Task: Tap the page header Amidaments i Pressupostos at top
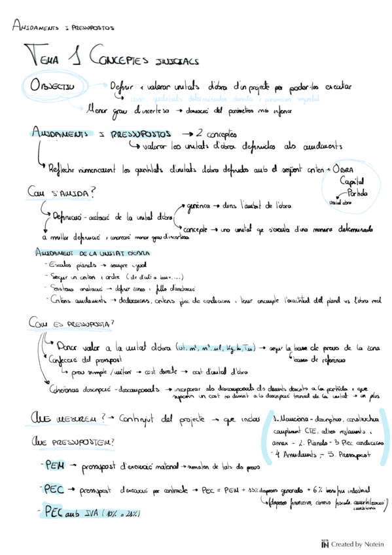click(x=63, y=28)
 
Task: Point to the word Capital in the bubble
click(x=353, y=182)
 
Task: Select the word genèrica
click(x=200, y=206)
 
